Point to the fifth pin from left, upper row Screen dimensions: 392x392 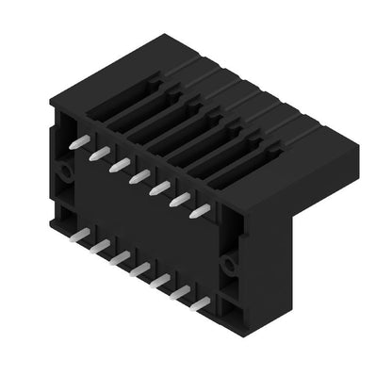pos(158,187)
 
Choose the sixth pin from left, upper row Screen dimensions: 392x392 pos(179,199)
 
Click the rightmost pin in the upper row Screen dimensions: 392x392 pos(200,211)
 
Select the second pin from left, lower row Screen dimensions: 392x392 pos(99,245)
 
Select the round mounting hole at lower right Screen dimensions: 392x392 pos(228,260)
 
